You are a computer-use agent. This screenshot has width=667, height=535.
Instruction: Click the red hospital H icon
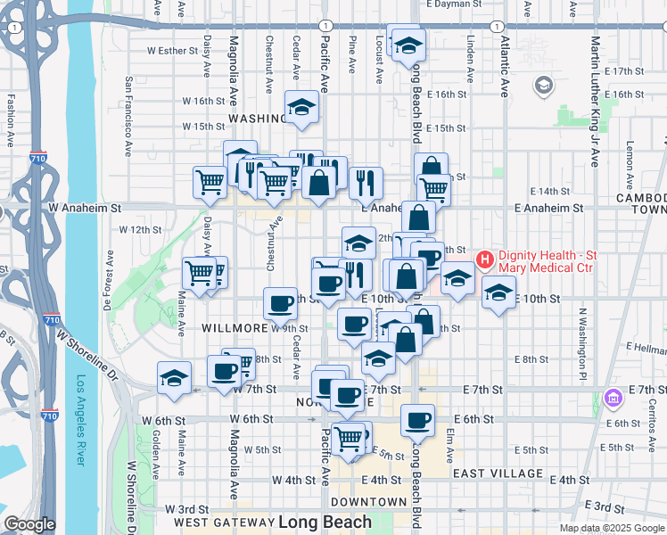click(485, 260)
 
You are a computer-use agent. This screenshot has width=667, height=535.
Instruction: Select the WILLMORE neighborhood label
click(235, 328)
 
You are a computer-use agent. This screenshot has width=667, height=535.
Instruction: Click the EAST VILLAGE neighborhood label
click(498, 473)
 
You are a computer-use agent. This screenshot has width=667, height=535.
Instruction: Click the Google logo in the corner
click(29, 525)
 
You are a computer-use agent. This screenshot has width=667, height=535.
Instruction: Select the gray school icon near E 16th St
click(543, 86)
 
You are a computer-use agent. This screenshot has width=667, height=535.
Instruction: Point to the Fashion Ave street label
click(12, 120)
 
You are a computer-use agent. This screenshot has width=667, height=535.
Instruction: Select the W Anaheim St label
click(85, 207)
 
